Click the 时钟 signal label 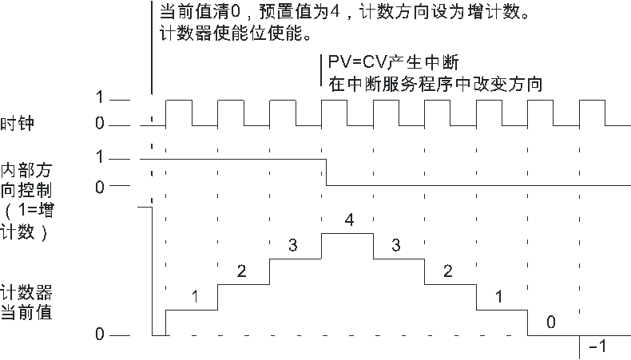click(18, 124)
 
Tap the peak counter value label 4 click(349, 220)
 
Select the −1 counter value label click(597, 346)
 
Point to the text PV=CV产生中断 click(393, 62)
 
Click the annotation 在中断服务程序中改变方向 click(435, 85)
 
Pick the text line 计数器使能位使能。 click(236, 33)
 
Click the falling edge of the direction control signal click(326, 172)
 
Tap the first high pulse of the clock click(179, 113)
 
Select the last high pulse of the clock click(592, 113)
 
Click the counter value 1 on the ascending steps click(195, 297)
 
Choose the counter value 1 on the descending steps click(499, 297)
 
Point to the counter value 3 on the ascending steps click(293, 245)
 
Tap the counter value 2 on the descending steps click(447, 271)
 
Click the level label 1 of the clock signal click(100, 97)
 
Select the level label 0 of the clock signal click(100, 123)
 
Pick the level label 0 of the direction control click(100, 187)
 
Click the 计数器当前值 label click(26, 303)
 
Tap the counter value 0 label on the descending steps click(551, 322)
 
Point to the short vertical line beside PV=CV click(321, 70)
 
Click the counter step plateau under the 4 click(347, 233)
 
